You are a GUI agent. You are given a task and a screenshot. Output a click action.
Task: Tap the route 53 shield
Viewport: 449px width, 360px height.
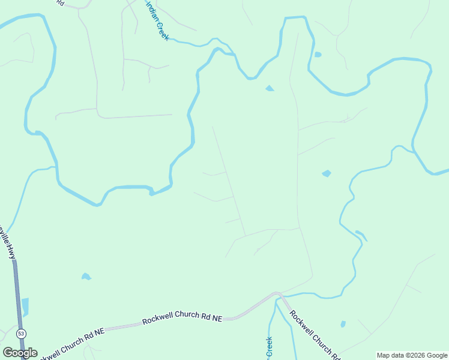click(21, 334)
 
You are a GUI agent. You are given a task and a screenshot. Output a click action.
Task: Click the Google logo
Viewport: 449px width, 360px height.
click(20, 352)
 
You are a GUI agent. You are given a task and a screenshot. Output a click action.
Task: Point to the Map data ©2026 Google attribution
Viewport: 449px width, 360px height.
click(412, 355)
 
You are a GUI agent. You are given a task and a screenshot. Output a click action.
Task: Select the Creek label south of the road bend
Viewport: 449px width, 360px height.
click(270, 347)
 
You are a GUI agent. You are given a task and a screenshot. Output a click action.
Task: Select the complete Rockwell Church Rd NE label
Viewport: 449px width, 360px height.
click(182, 319)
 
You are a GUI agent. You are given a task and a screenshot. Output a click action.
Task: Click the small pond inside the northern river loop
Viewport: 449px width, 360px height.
click(317, 55)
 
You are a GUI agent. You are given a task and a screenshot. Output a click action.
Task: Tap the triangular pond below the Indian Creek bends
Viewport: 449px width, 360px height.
click(270, 88)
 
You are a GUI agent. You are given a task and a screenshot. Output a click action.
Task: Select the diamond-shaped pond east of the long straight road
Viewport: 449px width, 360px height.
click(327, 173)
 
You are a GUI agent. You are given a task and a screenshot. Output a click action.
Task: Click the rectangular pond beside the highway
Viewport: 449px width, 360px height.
click(25, 307)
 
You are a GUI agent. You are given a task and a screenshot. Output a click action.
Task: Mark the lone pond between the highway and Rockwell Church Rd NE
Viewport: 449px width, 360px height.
click(86, 277)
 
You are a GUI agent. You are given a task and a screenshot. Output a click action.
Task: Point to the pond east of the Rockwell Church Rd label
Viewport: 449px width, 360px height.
click(343, 324)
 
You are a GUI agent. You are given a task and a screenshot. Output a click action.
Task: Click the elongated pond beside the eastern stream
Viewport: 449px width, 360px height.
click(361, 235)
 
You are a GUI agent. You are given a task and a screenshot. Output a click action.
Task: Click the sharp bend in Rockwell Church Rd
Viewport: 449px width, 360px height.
click(277, 294)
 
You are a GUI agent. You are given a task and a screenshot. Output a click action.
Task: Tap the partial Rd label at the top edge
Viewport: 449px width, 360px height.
click(59, 2)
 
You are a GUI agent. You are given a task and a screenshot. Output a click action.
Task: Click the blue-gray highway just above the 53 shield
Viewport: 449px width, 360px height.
click(18, 300)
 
